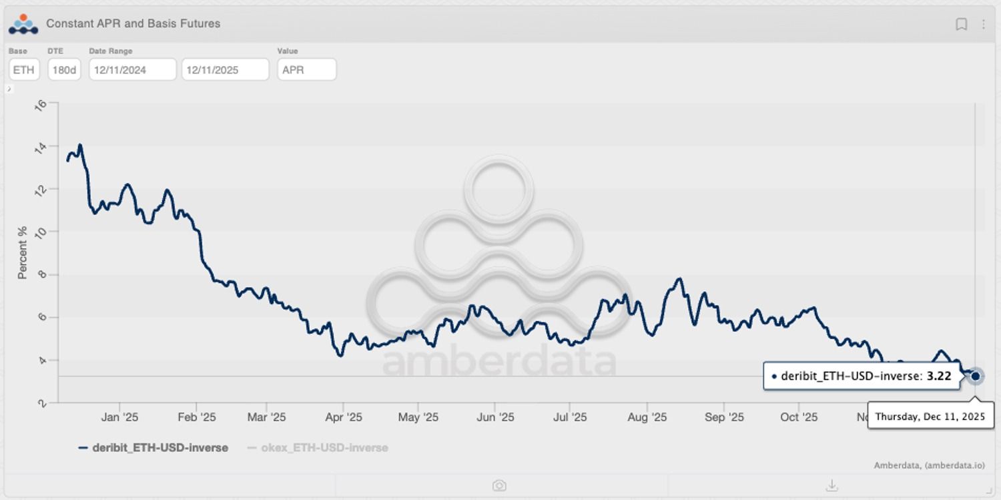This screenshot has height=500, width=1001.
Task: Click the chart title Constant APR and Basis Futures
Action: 133,24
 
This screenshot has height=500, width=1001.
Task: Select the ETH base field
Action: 24,69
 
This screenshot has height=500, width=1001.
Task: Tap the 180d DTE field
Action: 64,69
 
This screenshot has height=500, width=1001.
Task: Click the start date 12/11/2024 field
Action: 132,69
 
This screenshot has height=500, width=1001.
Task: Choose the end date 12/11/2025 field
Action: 225,69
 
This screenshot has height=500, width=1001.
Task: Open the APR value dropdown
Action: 306,69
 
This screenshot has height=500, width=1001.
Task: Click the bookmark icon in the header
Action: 961,24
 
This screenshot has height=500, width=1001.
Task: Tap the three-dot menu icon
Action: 983,24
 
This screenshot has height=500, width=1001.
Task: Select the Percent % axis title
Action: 23,252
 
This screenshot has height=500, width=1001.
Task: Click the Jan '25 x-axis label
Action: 120,417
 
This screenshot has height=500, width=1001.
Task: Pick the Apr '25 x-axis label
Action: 343,417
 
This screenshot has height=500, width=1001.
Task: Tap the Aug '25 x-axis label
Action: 647,417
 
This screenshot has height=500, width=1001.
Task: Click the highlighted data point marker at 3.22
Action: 976,377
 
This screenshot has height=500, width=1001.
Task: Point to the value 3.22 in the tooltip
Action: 938,377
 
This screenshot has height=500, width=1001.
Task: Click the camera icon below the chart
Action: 499,485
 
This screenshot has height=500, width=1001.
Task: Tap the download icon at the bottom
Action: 831,485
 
